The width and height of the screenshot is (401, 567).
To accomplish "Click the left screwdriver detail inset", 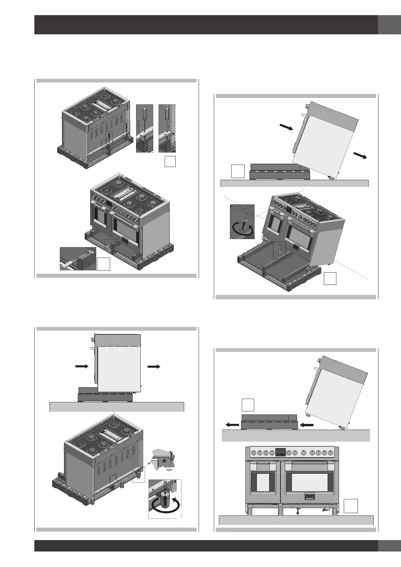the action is coord(144,128).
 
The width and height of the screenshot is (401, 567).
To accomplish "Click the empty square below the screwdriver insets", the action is coord(170,162).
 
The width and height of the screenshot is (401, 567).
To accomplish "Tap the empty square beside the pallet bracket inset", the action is coord(104,264).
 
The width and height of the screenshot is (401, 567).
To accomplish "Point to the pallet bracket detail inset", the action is coord(78,258).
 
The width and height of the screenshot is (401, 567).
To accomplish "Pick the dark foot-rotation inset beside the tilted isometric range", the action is coord(242,221).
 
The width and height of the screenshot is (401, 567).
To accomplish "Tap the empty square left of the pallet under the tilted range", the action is coord(238,171).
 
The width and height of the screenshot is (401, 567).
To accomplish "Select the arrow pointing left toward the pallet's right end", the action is coord(306,425).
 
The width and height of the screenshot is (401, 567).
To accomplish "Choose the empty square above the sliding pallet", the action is coord(248,405).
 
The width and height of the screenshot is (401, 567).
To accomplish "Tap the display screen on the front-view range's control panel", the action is coord(280,452).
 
